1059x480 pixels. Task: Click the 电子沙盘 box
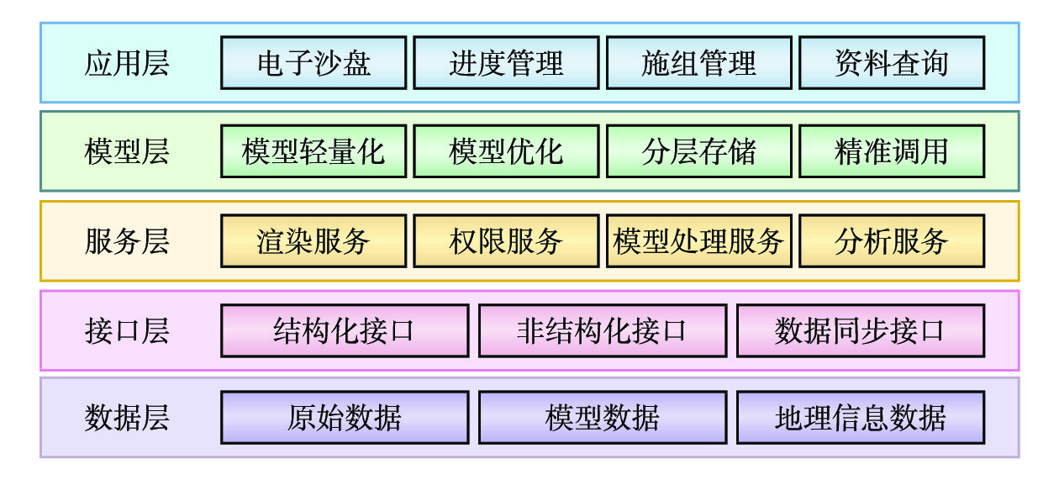pos(313,63)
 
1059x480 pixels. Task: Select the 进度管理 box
pos(506,63)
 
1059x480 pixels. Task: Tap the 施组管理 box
pos(698,63)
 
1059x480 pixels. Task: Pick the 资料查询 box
pos(891,63)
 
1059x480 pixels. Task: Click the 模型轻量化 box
pos(313,152)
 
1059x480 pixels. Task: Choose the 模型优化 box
pos(506,152)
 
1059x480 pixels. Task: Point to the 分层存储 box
pos(698,152)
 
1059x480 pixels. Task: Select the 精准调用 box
pos(891,152)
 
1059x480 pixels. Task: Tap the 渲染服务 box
pos(313,241)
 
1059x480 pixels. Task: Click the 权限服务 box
pos(506,241)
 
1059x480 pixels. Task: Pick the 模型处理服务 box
pos(698,241)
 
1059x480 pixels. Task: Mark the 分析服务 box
pos(891,241)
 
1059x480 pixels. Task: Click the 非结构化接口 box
pos(602,331)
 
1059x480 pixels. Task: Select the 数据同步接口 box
pos(860,331)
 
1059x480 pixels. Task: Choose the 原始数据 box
pos(345,418)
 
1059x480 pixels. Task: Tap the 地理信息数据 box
pos(860,418)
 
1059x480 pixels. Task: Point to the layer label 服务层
pos(127,242)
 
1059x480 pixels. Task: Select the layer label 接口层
pos(127,331)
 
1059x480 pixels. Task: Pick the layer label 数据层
pos(127,418)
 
